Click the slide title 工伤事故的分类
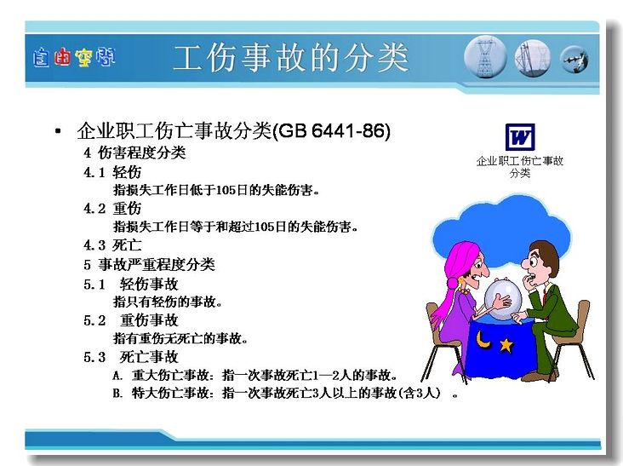tap(290, 58)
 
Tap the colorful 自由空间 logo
tap(74, 58)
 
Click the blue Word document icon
tap(520, 137)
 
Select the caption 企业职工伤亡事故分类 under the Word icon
tap(520, 167)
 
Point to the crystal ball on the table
tap(503, 299)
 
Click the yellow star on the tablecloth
tap(506, 344)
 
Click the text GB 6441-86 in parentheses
tap(332, 131)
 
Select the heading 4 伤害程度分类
tap(134, 152)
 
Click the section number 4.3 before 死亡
tap(94, 245)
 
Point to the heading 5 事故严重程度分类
tap(149, 264)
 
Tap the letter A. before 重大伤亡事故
tap(117, 375)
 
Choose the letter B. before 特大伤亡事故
tap(117, 394)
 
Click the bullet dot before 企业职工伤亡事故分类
tap(58, 131)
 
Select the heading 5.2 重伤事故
tap(131, 320)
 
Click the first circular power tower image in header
tap(485, 57)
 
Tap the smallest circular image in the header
tap(574, 60)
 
